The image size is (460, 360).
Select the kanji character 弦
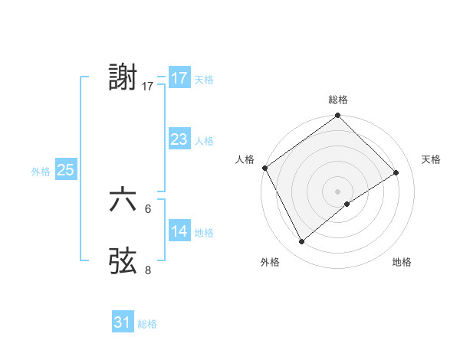[123, 260]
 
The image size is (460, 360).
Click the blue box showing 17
[179, 77]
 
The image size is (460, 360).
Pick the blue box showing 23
[179, 139]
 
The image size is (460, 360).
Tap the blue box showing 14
[179, 231]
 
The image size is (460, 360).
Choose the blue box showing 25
[65, 170]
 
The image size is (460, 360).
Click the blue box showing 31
[123, 322]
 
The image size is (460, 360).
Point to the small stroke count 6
[149, 208]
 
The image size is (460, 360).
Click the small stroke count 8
[149, 270]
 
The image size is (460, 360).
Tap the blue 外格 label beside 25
[41, 172]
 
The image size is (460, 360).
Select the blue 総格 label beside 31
[147, 324]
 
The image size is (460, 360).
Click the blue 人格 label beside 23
[204, 141]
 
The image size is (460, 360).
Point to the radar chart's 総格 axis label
[338, 100]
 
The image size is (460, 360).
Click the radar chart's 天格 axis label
[432, 159]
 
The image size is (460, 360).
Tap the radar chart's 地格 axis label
[402, 263]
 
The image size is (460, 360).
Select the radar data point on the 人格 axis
[264, 168]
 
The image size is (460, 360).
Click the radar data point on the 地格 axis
[347, 204]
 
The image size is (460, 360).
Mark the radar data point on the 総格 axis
[338, 116]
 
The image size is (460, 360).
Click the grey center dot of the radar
[338, 191]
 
